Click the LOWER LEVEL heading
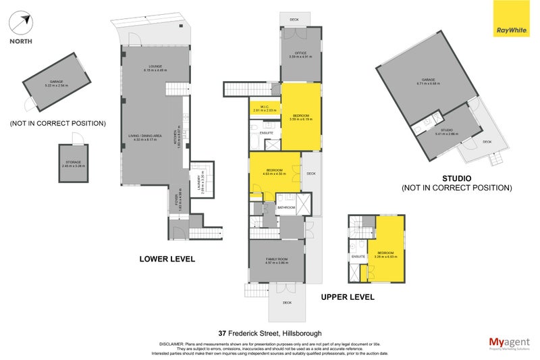click(x=167, y=259)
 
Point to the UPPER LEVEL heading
click(x=348, y=297)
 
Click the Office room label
click(x=301, y=55)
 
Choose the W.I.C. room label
click(x=261, y=107)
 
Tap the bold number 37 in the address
click(x=223, y=333)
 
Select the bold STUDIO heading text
click(x=457, y=179)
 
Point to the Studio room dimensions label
click(x=447, y=132)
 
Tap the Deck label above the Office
click(x=294, y=20)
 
